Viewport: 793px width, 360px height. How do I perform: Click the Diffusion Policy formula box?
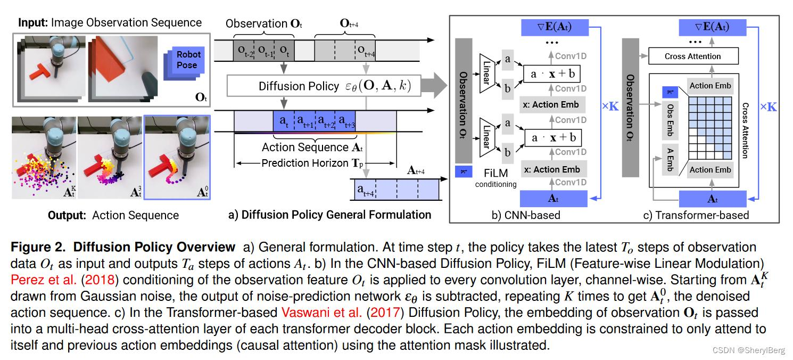(x=324, y=86)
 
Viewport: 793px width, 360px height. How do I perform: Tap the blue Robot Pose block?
(x=185, y=63)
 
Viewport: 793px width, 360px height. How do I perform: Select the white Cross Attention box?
(x=693, y=56)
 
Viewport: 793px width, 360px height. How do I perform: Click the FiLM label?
(x=495, y=173)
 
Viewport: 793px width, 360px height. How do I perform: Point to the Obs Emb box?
(x=670, y=120)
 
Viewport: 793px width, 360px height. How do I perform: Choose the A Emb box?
(x=670, y=160)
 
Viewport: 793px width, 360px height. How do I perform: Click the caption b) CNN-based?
(x=526, y=215)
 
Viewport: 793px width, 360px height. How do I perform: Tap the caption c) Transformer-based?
(x=696, y=215)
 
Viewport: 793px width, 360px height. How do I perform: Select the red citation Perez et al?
(x=44, y=280)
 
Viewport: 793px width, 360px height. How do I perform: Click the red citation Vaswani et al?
(x=321, y=313)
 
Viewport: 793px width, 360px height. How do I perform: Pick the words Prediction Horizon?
(x=305, y=163)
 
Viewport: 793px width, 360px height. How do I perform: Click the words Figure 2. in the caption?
(x=38, y=247)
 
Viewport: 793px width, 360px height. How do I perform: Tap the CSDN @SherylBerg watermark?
(x=748, y=350)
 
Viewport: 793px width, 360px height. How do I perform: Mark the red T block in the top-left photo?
(x=40, y=71)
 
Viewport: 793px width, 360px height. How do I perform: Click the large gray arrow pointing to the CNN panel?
(x=434, y=85)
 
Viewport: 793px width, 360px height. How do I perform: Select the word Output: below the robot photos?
(x=67, y=215)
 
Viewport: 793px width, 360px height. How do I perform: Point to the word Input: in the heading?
(x=33, y=23)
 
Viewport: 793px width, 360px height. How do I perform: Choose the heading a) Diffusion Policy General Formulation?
(x=329, y=215)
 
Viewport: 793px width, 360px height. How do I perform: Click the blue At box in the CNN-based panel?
(x=554, y=199)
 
